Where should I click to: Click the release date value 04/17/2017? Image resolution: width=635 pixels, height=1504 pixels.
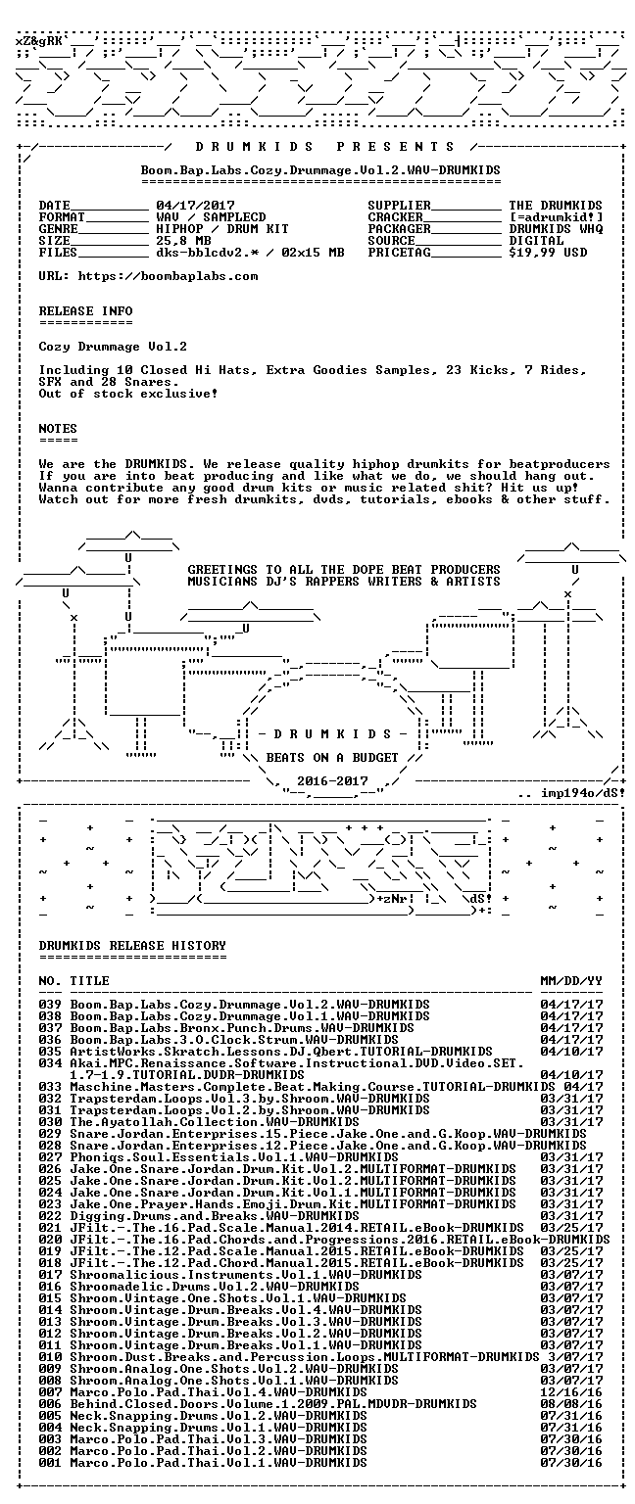[196, 206]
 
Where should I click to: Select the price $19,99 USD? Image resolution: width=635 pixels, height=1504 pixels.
[548, 253]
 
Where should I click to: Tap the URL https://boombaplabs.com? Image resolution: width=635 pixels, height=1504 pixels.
[168, 276]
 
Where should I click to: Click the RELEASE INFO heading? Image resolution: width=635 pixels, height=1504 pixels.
[86, 310]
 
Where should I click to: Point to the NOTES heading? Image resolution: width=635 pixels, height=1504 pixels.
[58, 428]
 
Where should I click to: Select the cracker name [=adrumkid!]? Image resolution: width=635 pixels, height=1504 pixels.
[556, 216]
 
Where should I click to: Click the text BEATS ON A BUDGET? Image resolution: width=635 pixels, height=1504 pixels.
[332, 757]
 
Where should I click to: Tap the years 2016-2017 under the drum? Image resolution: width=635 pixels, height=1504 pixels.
[332, 780]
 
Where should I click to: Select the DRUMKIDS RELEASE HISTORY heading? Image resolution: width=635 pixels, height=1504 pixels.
[132, 945]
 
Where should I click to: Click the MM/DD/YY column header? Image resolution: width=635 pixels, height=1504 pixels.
[572, 981]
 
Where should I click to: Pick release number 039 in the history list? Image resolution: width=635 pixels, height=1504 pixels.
[50, 1005]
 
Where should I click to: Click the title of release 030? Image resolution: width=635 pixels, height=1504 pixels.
[215, 1122]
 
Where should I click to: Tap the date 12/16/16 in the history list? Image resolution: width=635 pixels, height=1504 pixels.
[572, 1391]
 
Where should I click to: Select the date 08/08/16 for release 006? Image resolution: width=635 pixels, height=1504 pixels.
[572, 1404]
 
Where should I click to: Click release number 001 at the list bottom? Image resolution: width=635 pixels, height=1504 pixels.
[50, 1462]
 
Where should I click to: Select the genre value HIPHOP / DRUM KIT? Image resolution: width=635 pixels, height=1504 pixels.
[223, 229]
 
